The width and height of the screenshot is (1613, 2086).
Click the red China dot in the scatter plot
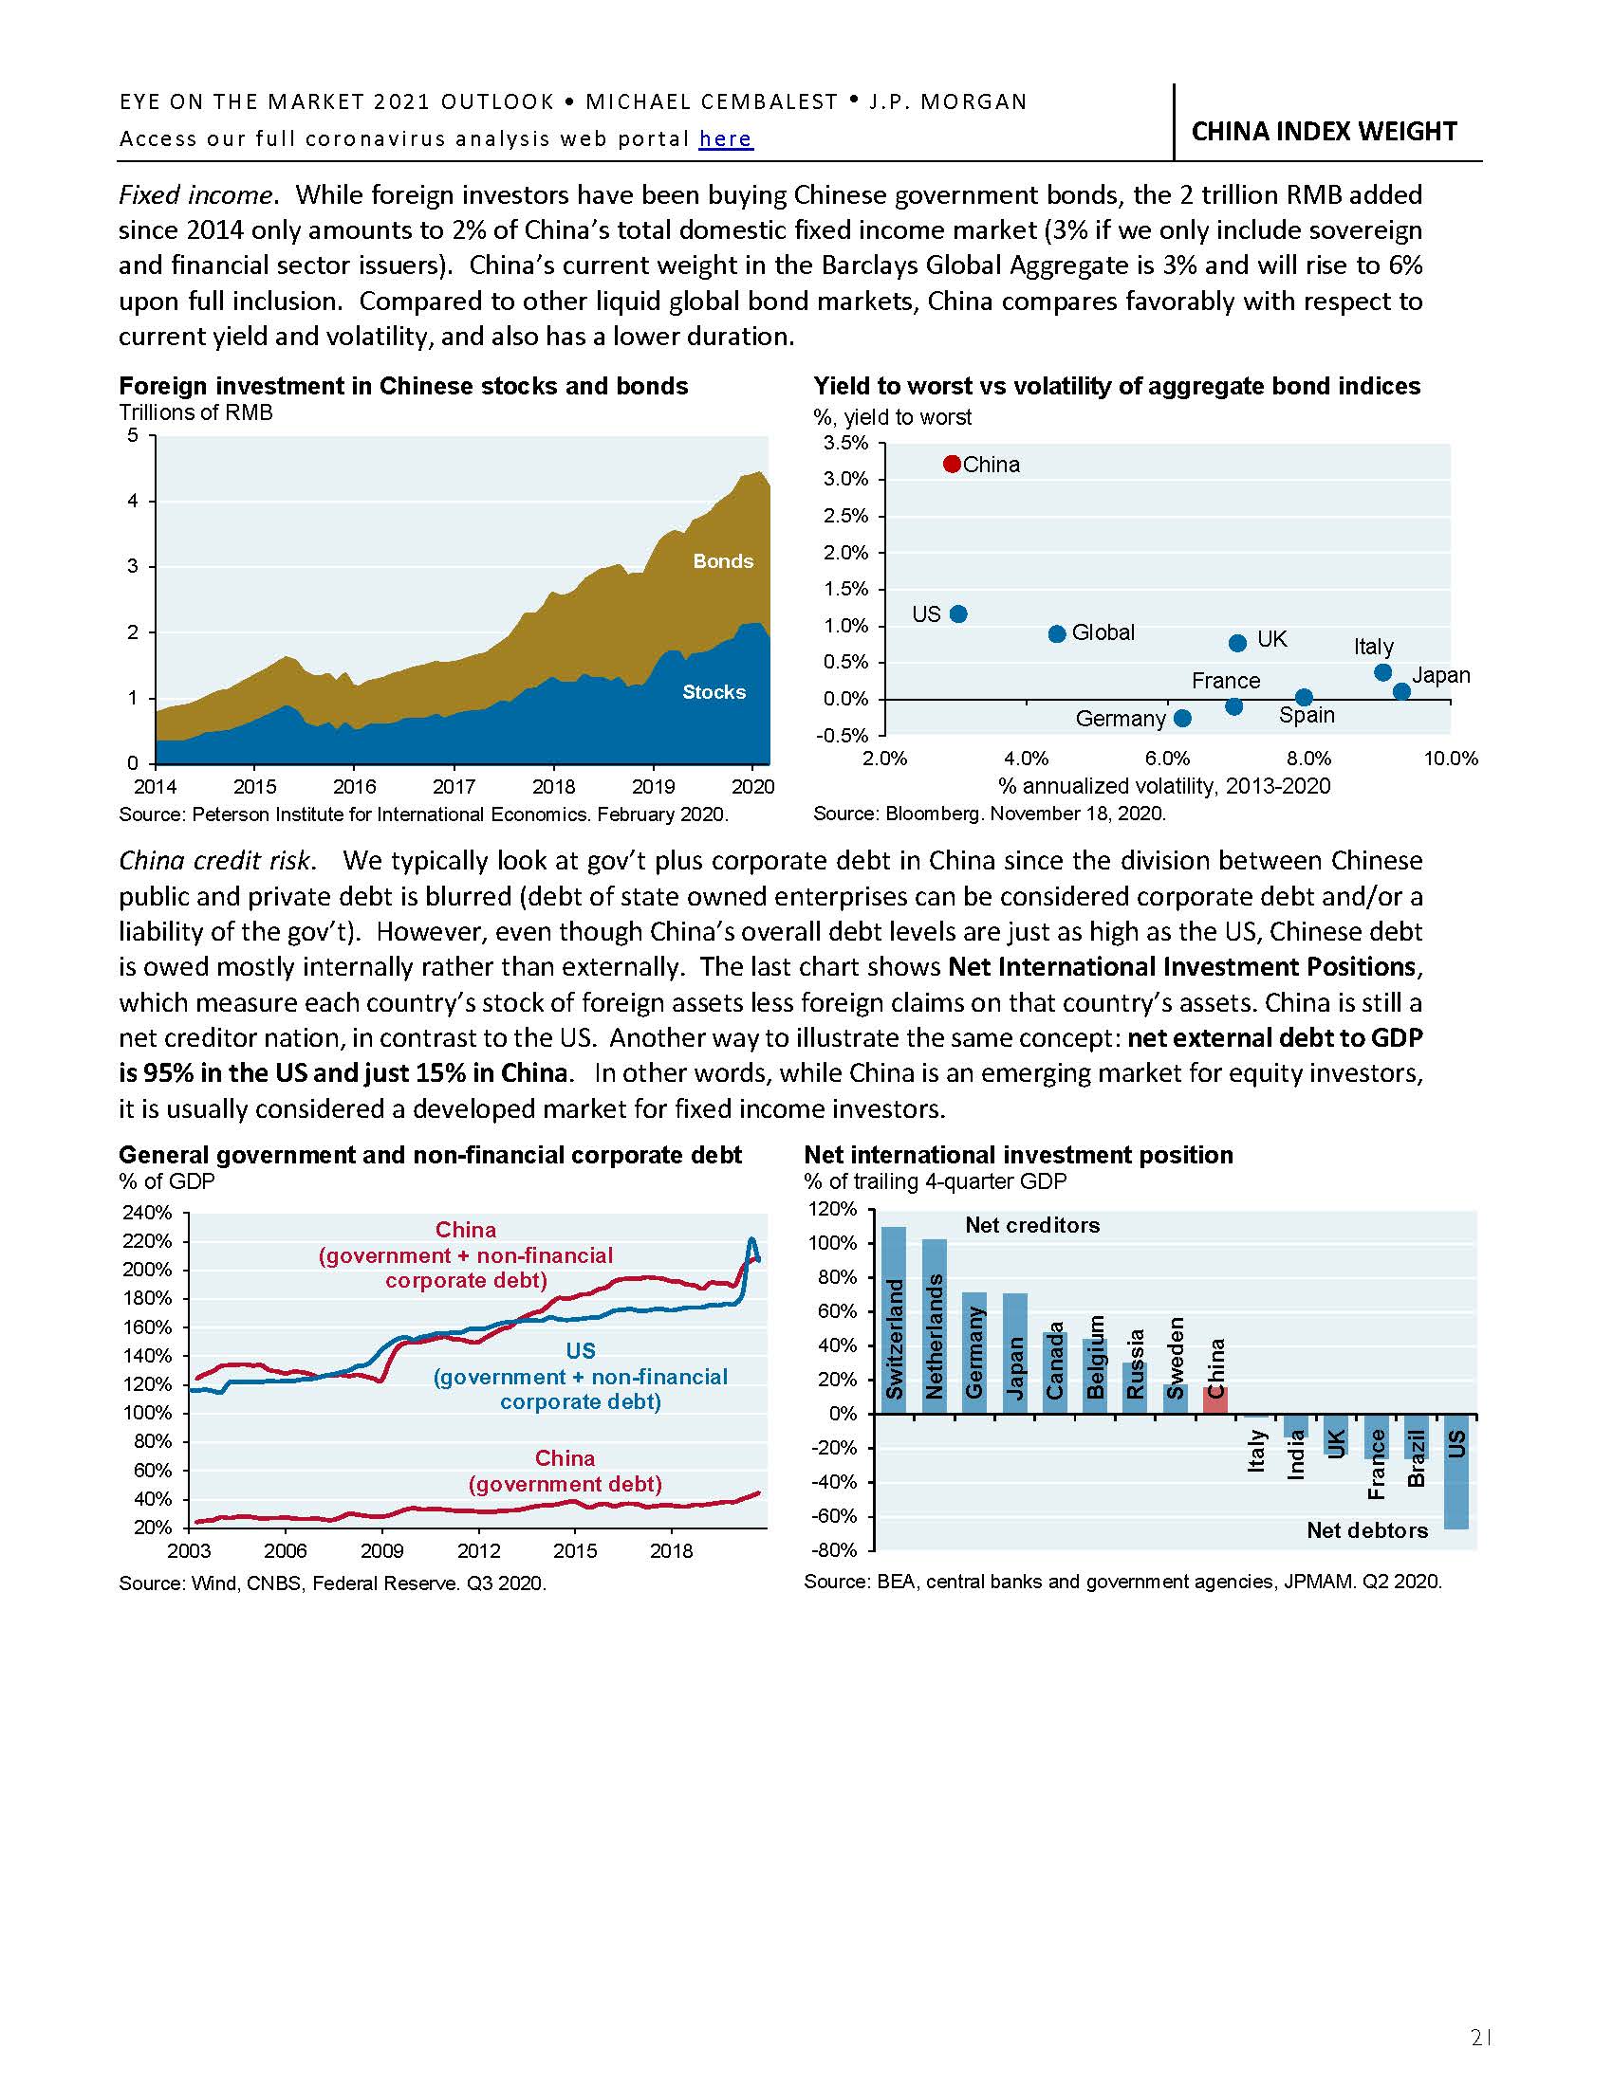point(951,465)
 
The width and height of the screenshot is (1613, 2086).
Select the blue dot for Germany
point(1182,718)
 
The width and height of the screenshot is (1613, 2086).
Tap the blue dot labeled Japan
point(1400,691)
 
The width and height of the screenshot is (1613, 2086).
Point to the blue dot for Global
point(1057,634)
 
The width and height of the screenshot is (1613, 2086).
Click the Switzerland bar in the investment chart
point(894,1319)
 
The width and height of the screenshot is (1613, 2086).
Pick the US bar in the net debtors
point(1455,1471)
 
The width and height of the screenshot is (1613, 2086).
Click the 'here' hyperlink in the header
point(725,139)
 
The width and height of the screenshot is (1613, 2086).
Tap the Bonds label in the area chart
point(722,561)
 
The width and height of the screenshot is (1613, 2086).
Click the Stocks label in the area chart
point(714,692)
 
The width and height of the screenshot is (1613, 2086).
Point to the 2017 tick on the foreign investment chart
point(453,787)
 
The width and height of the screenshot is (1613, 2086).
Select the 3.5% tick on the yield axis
point(845,443)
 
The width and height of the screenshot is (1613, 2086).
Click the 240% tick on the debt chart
point(147,1213)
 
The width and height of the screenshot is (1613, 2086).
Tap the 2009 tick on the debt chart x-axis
point(381,1550)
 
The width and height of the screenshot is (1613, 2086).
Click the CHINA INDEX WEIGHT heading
point(1324,131)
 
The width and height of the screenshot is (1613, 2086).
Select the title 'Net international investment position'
point(1019,1155)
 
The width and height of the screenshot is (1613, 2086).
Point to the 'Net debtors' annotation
point(1366,1530)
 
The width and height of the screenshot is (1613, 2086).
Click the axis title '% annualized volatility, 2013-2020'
point(1164,786)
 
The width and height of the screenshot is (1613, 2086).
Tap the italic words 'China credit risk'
point(215,861)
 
